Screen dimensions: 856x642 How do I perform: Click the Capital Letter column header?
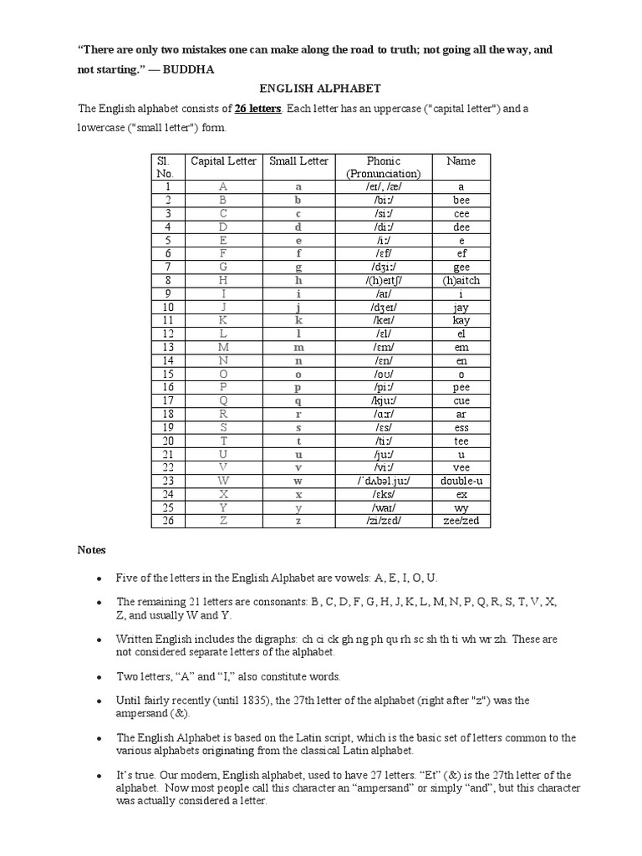tap(222, 160)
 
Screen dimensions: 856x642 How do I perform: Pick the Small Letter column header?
tap(298, 160)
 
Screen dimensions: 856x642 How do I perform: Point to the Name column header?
tap(461, 160)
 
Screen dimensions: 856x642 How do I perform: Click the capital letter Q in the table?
tap(222, 400)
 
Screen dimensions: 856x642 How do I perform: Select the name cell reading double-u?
tap(461, 481)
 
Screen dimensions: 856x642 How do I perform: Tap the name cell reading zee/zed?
tap(461, 521)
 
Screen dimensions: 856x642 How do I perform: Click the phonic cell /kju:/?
tap(383, 400)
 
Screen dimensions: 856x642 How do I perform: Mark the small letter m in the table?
tap(298, 347)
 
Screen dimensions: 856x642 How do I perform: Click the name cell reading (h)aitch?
tap(461, 281)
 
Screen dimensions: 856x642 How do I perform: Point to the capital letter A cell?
tap(222, 187)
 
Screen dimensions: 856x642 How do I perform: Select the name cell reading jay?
tap(461, 308)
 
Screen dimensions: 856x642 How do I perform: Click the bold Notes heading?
tap(91, 550)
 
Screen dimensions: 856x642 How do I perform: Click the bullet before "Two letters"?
tap(99, 676)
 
